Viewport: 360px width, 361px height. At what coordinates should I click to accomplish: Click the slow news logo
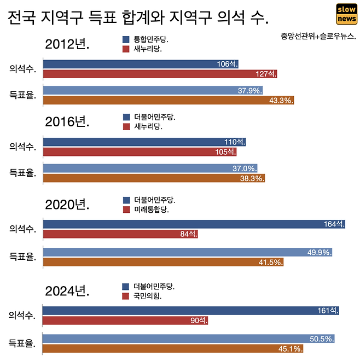point(346,14)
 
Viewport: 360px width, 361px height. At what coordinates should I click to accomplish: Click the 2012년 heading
point(67,44)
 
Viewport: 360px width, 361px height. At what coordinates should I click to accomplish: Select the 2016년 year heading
point(67,122)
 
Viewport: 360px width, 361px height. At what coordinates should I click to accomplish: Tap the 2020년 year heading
point(67,205)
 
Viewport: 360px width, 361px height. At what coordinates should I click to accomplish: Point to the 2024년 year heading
point(67,290)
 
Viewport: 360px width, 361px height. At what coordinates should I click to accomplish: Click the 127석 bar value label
point(266,74)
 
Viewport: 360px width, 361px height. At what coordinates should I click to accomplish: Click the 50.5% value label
point(321,339)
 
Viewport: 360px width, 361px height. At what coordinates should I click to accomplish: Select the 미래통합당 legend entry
point(147,209)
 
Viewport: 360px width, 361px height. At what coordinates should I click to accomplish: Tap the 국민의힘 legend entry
point(143,296)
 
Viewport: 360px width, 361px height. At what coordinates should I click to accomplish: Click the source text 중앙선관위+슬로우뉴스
point(318,37)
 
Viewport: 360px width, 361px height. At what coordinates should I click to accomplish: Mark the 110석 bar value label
point(235,142)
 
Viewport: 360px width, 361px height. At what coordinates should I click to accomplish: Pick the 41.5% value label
point(271,262)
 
